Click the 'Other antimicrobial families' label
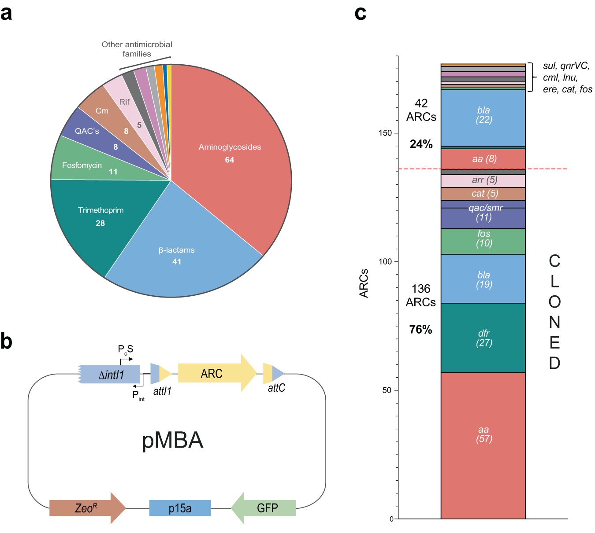click(137, 49)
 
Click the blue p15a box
click(180, 508)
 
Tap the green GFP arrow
click(264, 508)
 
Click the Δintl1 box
click(110, 375)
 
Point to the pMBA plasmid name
click(172, 440)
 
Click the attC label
click(276, 388)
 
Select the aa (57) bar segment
click(483, 445)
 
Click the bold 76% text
click(420, 329)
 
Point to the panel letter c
click(360, 13)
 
